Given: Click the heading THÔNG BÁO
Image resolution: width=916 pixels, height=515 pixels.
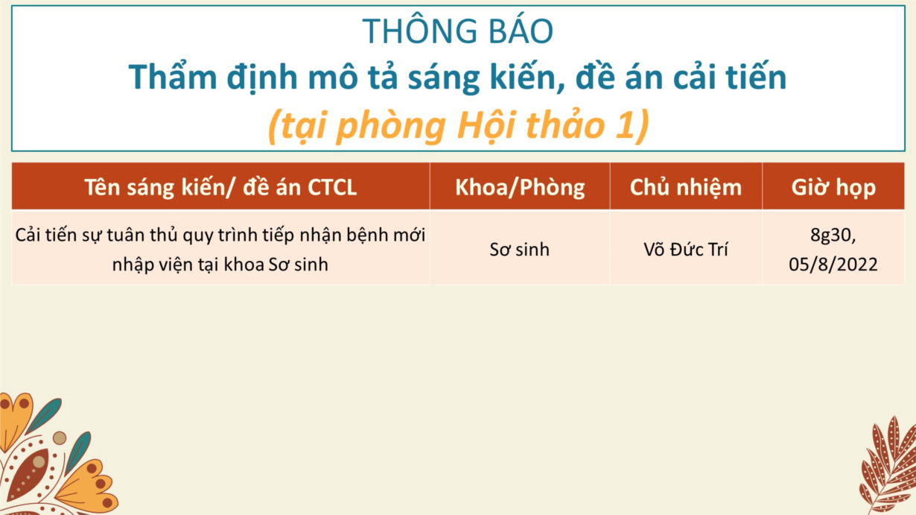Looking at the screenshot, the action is (x=457, y=31).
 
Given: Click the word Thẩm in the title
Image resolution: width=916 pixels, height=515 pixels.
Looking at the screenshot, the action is (x=173, y=77).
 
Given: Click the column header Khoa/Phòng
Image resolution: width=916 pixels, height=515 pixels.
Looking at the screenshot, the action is (x=520, y=187).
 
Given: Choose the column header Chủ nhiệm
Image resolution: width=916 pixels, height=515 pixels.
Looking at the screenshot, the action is (x=686, y=187).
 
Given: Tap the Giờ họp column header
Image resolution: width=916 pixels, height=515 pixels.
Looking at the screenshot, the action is (x=833, y=188).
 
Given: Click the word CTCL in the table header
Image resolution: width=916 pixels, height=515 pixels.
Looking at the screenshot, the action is (x=332, y=187).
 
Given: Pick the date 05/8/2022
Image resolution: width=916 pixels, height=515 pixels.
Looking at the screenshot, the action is (x=833, y=264).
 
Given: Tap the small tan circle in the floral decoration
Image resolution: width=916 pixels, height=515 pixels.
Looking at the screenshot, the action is (x=60, y=437).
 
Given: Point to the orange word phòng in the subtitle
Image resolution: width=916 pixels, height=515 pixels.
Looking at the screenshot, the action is (x=391, y=126).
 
